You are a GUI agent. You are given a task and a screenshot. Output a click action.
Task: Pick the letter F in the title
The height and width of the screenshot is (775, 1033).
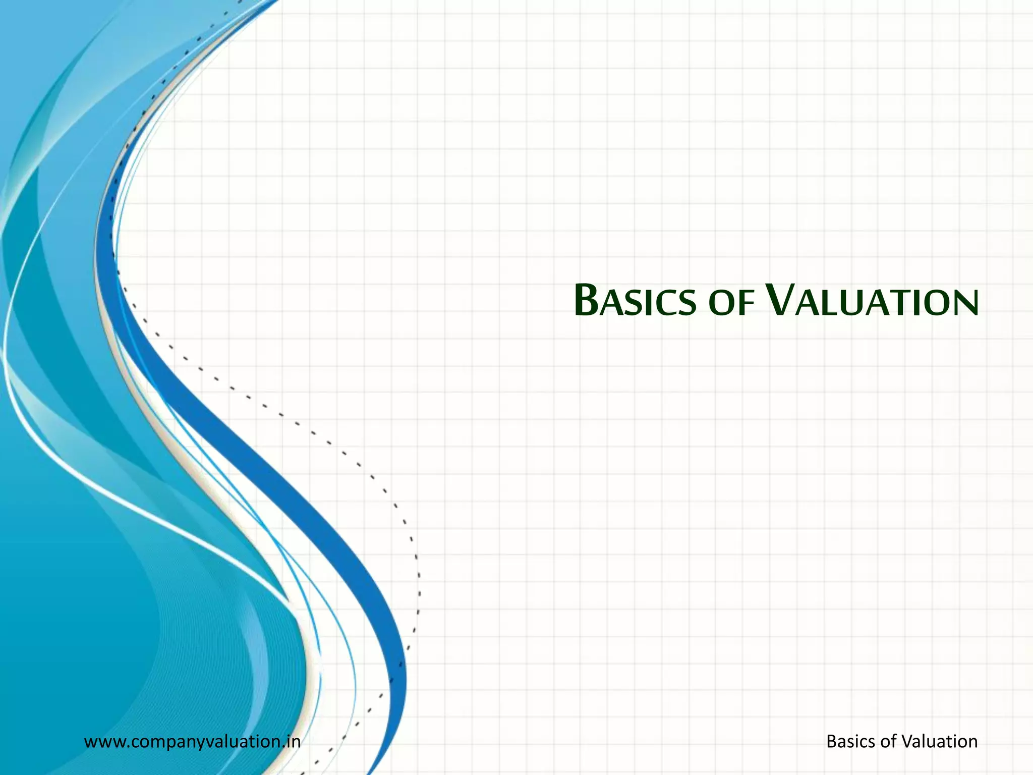(747, 304)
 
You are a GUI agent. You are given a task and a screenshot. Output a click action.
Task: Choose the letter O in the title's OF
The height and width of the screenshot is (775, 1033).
(721, 304)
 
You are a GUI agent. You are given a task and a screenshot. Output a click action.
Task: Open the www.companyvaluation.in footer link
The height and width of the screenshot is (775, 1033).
(192, 742)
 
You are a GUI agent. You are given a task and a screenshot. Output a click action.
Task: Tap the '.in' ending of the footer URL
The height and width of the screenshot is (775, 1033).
(292, 742)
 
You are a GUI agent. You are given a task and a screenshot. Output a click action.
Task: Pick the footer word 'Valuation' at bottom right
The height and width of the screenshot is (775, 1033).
(939, 742)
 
